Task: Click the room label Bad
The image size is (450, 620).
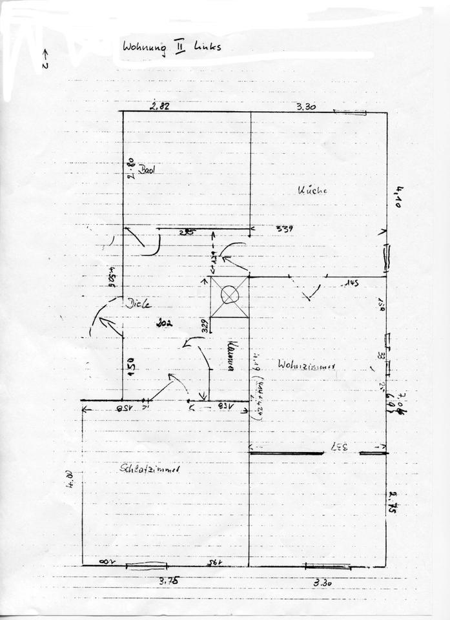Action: [150, 170]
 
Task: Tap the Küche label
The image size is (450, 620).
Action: [313, 191]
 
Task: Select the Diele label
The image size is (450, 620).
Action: [138, 304]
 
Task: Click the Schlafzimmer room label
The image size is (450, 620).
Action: [150, 470]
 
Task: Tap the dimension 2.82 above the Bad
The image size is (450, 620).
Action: [159, 107]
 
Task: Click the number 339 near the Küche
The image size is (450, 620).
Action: [285, 229]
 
